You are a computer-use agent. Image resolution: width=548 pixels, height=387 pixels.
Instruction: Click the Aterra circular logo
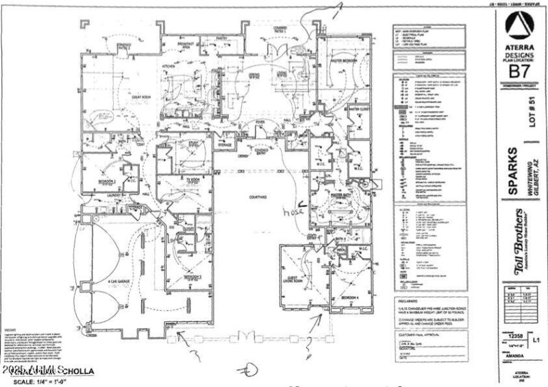click(519, 27)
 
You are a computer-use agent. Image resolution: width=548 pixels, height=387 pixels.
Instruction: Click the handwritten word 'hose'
click(292, 213)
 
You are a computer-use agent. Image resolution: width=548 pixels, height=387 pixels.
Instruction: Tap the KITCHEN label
click(169, 66)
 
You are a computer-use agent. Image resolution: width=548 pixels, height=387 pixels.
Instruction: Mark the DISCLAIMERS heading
click(408, 300)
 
